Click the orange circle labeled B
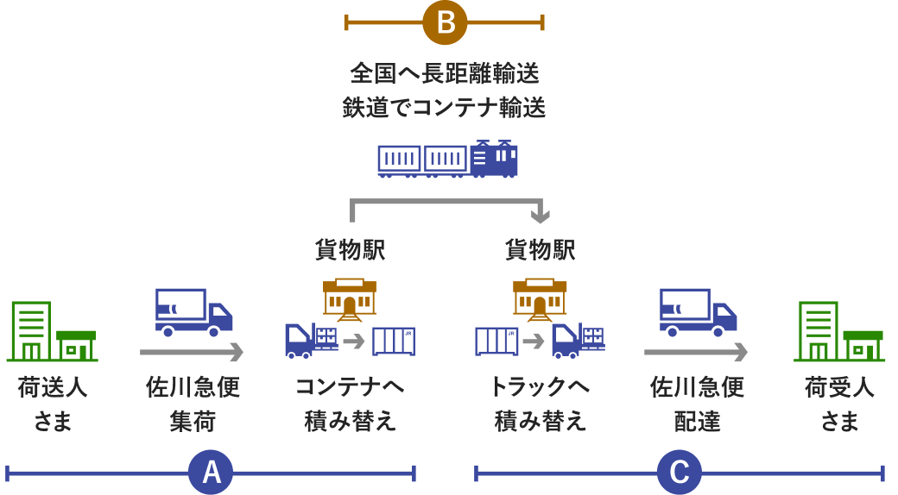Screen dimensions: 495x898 click(445, 22)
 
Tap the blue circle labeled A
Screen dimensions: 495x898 click(211, 472)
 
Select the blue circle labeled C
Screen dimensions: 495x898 click(680, 472)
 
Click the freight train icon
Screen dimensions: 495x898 click(447, 160)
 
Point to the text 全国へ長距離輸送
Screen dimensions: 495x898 click(445, 73)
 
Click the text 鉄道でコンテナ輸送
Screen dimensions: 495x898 click(445, 108)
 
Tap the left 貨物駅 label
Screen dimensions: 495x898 click(350, 250)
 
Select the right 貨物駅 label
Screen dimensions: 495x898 click(540, 250)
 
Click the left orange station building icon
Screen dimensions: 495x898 click(350, 298)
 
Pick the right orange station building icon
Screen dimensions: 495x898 click(540, 298)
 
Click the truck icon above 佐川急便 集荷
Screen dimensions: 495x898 click(193, 312)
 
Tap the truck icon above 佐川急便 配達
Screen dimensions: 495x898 click(698, 312)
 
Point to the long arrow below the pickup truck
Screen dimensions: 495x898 click(193, 352)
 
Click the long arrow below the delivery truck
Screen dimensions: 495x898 click(697, 352)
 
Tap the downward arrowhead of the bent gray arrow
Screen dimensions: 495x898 click(541, 214)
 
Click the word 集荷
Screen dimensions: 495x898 click(193, 421)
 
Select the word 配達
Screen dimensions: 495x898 click(697, 421)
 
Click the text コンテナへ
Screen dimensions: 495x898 click(350, 386)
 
